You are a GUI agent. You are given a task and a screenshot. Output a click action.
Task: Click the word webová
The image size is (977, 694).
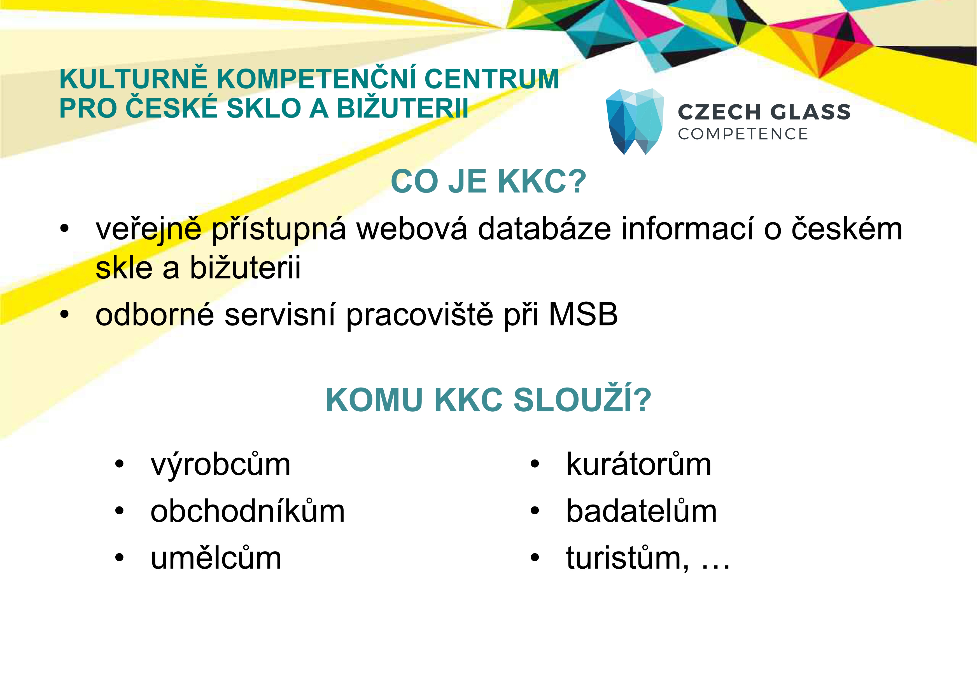[x=412, y=229]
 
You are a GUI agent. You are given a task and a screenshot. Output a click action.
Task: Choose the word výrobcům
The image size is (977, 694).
[x=221, y=465]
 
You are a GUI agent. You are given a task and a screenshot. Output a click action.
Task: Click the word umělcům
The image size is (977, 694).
[x=216, y=558]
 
